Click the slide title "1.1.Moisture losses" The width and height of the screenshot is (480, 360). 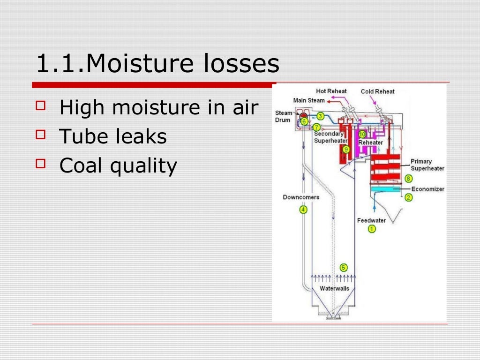pyautogui.click(x=157, y=64)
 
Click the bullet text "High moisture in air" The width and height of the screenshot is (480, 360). pyautogui.click(x=159, y=108)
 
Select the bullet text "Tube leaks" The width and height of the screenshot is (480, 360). pyautogui.click(x=113, y=136)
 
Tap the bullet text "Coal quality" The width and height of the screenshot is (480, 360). pyautogui.click(x=119, y=165)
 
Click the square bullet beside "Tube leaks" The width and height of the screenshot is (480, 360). pyautogui.click(x=41, y=135)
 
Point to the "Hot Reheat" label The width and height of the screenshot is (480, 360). pyautogui.click(x=331, y=91)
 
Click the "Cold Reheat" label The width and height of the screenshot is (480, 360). pyautogui.click(x=377, y=91)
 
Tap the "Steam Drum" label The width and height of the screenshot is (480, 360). pyautogui.click(x=284, y=116)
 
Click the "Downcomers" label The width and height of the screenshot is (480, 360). pyautogui.click(x=301, y=197)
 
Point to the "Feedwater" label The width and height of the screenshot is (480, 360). pyautogui.click(x=371, y=220)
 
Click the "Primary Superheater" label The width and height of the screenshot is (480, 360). pyautogui.click(x=427, y=165)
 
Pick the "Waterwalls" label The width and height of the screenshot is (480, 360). pyautogui.click(x=334, y=288)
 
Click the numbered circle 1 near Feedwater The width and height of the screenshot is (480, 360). pyautogui.click(x=372, y=229)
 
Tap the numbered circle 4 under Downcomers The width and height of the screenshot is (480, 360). pyautogui.click(x=303, y=210)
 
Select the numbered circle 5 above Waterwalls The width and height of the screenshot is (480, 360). pyautogui.click(x=344, y=268)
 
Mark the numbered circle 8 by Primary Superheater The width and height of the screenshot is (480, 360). pyautogui.click(x=408, y=179)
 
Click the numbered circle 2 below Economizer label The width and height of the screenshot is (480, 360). pyautogui.click(x=408, y=198)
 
